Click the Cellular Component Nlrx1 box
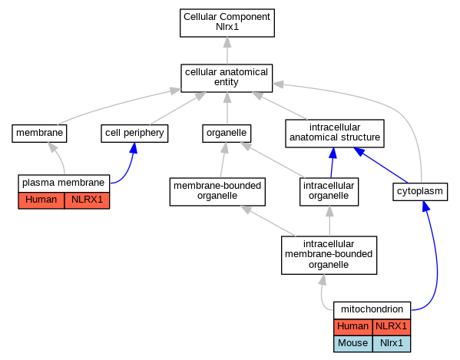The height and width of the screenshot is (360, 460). pyautogui.click(x=227, y=23)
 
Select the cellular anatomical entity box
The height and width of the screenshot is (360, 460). pyautogui.click(x=227, y=78)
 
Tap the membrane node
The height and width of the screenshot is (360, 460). pyautogui.click(x=39, y=134)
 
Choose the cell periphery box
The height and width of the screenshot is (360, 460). pyautogui.click(x=134, y=134)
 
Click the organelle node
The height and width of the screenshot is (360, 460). pyautogui.click(x=227, y=134)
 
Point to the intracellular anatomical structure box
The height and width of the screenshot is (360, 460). pyautogui.click(x=335, y=134)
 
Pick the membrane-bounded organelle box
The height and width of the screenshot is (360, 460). pyautogui.click(x=217, y=192)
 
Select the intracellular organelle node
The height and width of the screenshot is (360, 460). pyautogui.click(x=329, y=192)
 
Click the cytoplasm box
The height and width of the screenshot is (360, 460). pyautogui.click(x=420, y=192)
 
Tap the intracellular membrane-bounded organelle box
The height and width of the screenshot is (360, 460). pyautogui.click(x=329, y=255)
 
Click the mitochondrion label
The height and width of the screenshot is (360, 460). pyautogui.click(x=372, y=310)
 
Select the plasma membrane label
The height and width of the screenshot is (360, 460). pyautogui.click(x=64, y=183)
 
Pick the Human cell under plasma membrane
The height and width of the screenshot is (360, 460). pyautogui.click(x=41, y=200)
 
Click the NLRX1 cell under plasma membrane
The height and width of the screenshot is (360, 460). pyautogui.click(x=87, y=200)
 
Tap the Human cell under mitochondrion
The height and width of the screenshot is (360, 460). pyautogui.click(x=353, y=327)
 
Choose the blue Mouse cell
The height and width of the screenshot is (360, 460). pyautogui.click(x=353, y=344)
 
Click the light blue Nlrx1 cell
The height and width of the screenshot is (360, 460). pyautogui.click(x=392, y=344)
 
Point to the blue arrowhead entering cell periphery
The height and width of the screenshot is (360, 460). pyautogui.click(x=134, y=148)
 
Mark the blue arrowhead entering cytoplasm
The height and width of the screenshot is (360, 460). pyautogui.click(x=425, y=206)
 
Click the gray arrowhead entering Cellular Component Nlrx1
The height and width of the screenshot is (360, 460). pyautogui.click(x=227, y=42)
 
